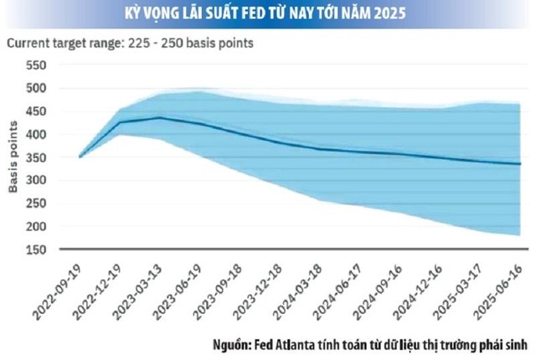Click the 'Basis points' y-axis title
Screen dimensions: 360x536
(x=13, y=157)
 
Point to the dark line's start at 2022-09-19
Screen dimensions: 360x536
(x=80, y=157)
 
